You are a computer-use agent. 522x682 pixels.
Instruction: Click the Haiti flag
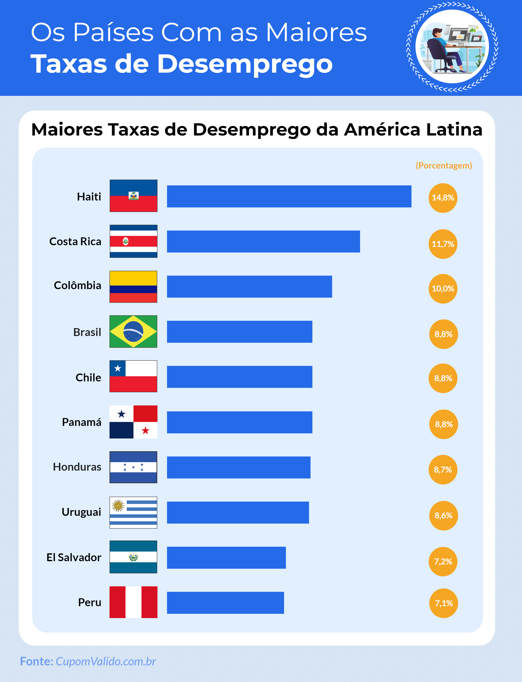133,196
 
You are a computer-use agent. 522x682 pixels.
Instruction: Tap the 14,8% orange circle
443,198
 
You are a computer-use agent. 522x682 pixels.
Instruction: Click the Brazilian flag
133,331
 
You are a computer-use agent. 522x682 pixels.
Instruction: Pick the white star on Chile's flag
117,369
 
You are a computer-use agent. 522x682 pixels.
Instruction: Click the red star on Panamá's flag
145,430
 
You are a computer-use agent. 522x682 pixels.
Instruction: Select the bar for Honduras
238,467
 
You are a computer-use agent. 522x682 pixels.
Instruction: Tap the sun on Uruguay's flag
118,506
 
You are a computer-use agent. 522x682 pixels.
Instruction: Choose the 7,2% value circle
443,561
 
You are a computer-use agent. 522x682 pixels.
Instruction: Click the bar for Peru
225,603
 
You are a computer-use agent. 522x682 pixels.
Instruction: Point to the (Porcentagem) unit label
444,166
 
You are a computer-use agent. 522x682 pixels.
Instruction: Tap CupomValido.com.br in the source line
106,661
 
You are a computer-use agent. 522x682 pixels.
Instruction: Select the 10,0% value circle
443,289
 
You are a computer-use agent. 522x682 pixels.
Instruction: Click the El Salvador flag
133,557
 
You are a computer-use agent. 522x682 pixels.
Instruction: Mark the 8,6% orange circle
443,515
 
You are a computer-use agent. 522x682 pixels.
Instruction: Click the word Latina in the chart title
454,129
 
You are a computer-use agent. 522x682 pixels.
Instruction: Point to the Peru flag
133,602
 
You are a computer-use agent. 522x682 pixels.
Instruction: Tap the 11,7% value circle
443,244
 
